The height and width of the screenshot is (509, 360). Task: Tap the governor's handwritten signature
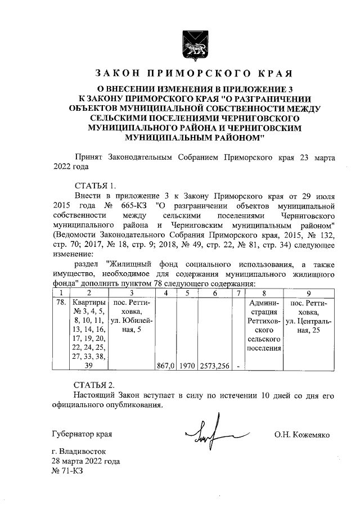click(x=214, y=433)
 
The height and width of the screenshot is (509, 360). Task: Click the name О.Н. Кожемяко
click(x=301, y=435)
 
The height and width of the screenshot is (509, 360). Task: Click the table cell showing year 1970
click(x=187, y=366)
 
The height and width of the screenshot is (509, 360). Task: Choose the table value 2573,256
click(x=214, y=366)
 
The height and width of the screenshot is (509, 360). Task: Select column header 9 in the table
click(x=309, y=292)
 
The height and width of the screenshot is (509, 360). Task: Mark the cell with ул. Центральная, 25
click(x=309, y=316)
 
